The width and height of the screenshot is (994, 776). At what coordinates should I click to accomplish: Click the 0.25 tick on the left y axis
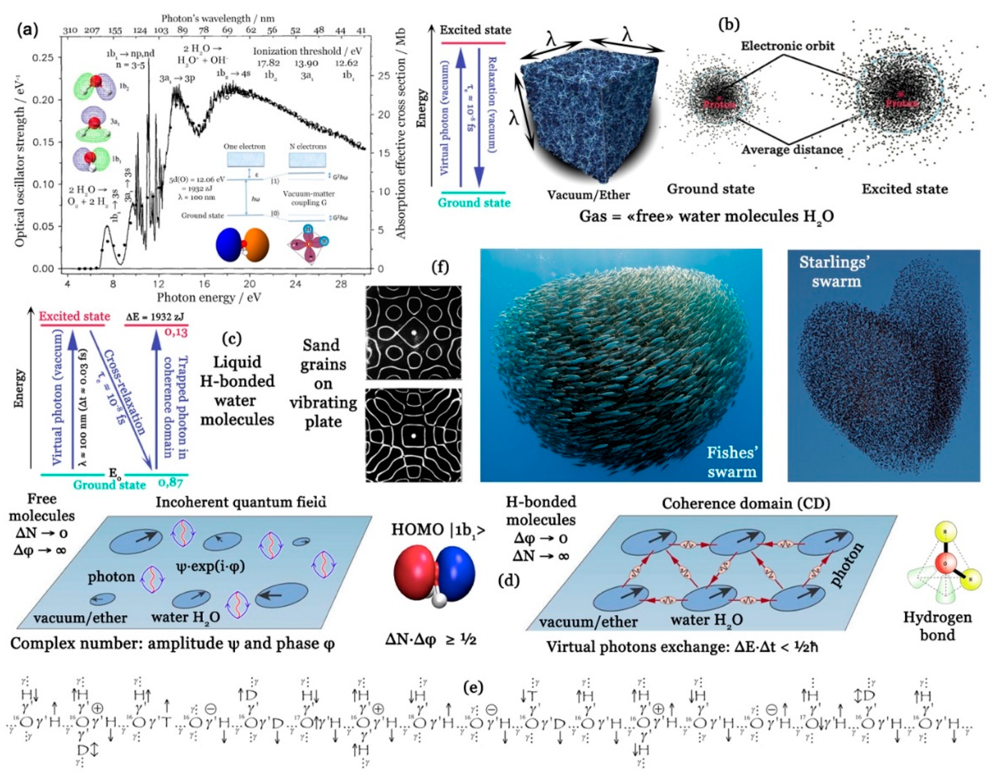tap(46, 57)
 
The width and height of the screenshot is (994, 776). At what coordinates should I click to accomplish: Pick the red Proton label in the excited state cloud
tap(901, 103)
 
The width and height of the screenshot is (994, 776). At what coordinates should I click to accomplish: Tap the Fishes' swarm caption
tap(732, 462)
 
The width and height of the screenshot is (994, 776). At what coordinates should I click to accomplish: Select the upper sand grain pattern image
tap(413, 333)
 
